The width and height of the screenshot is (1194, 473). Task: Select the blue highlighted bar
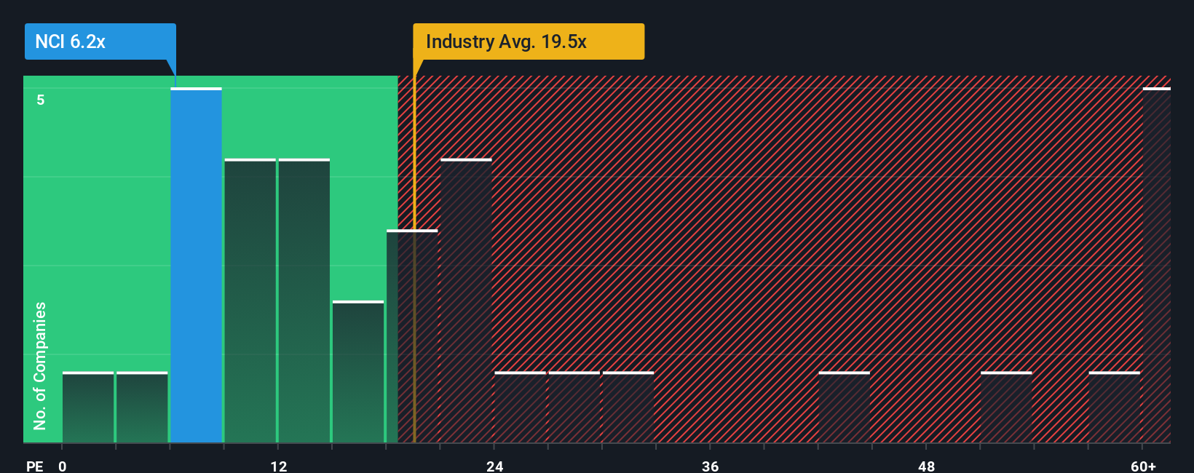coord(196,266)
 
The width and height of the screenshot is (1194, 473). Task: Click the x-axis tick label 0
coord(63,466)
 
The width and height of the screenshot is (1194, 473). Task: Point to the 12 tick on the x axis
coord(279,466)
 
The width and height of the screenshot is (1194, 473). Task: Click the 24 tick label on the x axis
coord(495,466)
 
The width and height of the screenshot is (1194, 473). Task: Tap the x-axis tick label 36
coord(711,466)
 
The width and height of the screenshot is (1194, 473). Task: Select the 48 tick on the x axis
coord(926,466)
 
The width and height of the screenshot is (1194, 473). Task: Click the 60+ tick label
coord(1143,466)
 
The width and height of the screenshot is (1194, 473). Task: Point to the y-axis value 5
coord(41,100)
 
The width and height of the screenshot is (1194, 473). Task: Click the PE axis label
coord(34,466)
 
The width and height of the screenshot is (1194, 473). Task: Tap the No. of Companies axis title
coord(40,365)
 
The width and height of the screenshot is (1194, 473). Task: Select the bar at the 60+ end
coord(1156,266)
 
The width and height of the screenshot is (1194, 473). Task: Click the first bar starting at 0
coord(88,408)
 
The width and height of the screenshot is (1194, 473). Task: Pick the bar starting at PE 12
coord(304,301)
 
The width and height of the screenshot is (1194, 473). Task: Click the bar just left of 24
coord(466,301)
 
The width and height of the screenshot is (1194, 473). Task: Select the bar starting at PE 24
coord(520,408)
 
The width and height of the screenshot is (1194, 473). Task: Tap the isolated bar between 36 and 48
coord(844,408)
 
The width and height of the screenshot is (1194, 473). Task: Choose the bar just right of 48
coord(1006,408)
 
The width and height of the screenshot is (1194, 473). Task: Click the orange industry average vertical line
coord(414,327)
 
